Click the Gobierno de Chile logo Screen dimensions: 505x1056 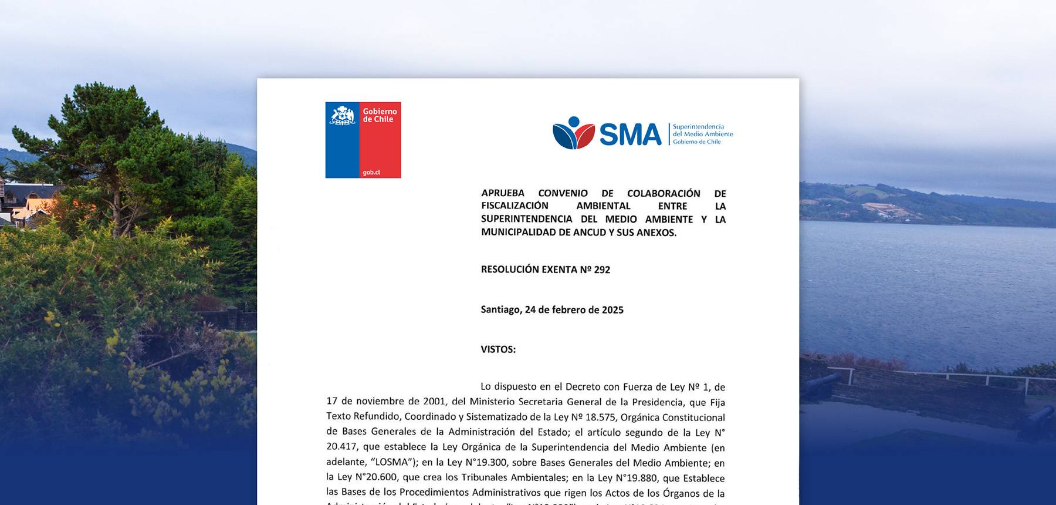point(363,140)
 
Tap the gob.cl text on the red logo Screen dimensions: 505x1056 point(371,172)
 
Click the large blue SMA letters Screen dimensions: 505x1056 point(630,134)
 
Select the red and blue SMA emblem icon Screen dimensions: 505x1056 point(573,133)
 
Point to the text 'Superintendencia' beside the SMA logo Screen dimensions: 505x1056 point(698,126)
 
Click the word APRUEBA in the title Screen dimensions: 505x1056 point(503,193)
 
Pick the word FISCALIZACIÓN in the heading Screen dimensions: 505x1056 point(515,206)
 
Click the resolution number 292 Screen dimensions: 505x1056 point(602,270)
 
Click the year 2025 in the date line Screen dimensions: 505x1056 point(612,309)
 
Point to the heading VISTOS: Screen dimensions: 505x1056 point(498,349)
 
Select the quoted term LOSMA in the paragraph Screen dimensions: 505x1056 point(391,462)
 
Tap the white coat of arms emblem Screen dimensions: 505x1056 point(343,115)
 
